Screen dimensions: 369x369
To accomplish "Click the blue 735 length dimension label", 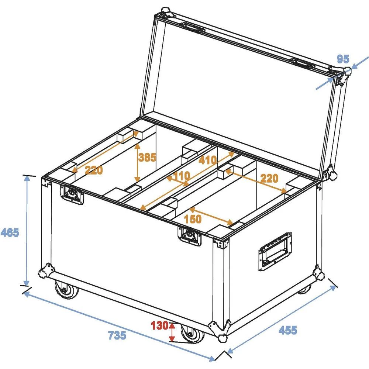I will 117,335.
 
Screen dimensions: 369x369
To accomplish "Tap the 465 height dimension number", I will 10,233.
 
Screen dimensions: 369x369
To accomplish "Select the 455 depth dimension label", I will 287,330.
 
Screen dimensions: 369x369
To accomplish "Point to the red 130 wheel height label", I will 159,326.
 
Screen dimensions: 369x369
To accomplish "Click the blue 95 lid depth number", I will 343,59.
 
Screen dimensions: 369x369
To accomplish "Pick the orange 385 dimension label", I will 147,158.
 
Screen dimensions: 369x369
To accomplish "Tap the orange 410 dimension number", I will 208,161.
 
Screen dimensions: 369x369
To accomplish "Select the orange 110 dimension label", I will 181,176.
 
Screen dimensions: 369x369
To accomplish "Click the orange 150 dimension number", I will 193,219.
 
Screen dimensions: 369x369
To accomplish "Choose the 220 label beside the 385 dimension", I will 94,170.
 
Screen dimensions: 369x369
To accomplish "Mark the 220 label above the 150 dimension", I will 269,179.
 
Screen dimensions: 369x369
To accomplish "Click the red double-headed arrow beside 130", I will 172,331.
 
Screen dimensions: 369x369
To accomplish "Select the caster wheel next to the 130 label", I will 192,336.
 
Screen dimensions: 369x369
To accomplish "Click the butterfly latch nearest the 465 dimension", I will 72,194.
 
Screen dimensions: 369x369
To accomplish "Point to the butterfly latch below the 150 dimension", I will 191,236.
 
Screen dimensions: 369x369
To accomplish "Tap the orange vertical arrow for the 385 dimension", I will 138,162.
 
